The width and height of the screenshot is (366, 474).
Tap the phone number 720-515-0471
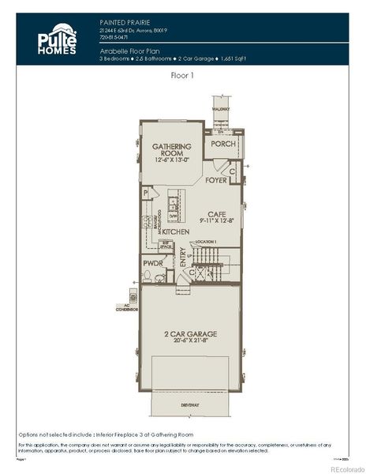tap(114, 36)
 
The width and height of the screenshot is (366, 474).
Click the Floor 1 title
tap(183, 76)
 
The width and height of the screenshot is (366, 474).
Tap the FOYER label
tap(216, 180)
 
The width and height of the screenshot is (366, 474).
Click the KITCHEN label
tap(176, 231)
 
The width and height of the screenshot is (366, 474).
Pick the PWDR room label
tap(152, 262)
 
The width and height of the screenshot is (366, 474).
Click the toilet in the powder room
tap(148, 276)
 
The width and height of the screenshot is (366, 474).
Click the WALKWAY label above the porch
tap(220, 108)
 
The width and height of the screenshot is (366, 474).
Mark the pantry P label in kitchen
tap(146, 193)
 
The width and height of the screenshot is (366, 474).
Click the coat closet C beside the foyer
tap(233, 170)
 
